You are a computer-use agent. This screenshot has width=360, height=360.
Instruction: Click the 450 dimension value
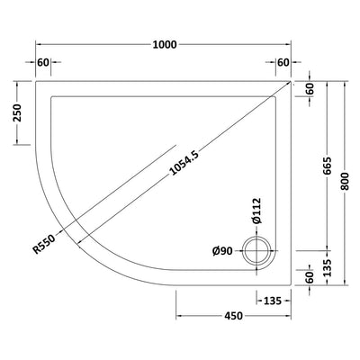tap(234, 317)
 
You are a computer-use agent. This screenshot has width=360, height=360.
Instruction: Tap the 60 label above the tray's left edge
tap(43, 62)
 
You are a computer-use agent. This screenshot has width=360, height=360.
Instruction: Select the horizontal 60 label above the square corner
tap(283, 62)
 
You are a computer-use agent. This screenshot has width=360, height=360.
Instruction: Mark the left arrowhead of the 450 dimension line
tap(177, 317)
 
